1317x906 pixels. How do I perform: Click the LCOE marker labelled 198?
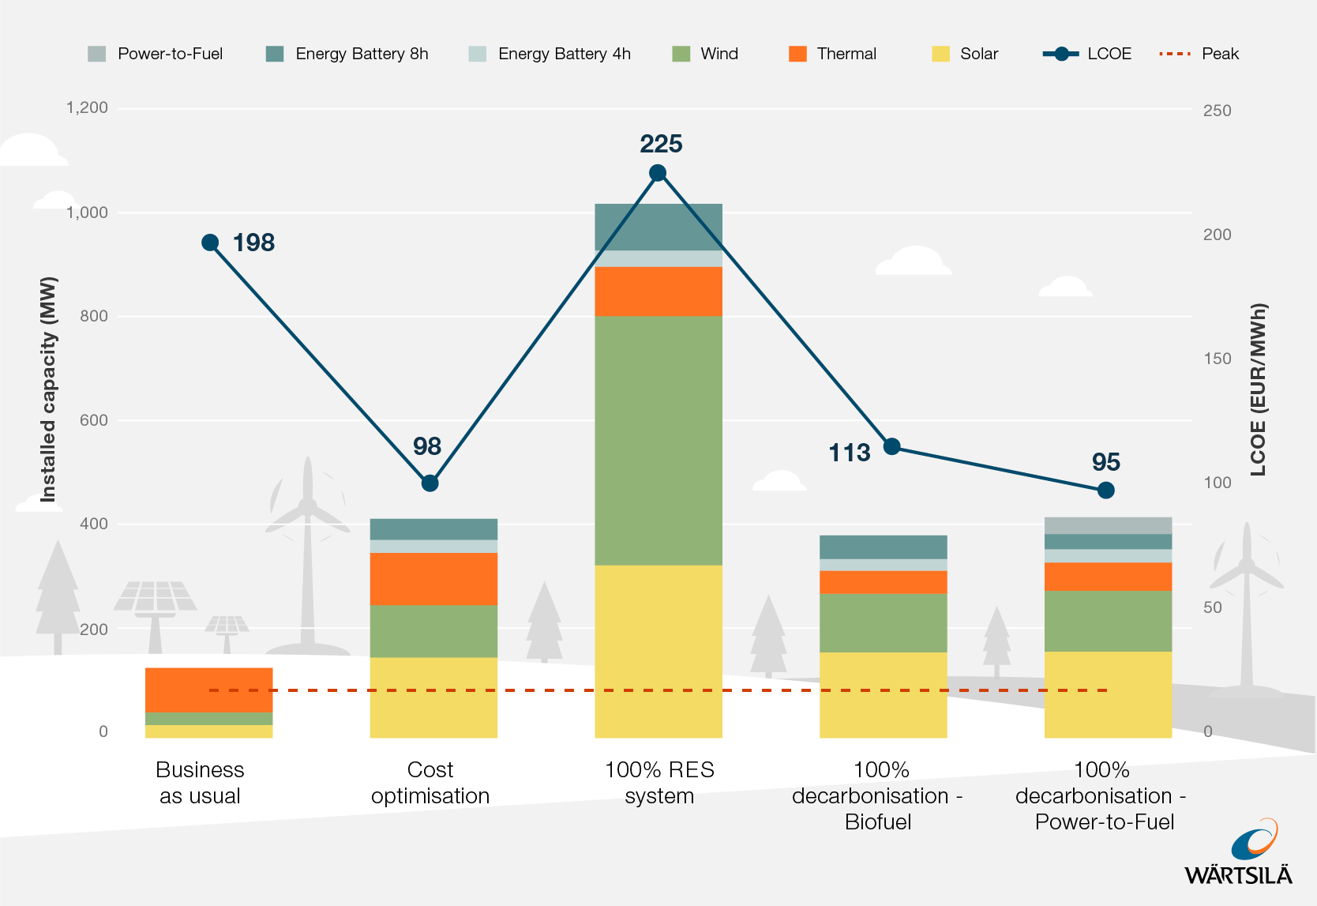click(x=210, y=242)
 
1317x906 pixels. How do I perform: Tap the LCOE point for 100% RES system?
click(x=658, y=173)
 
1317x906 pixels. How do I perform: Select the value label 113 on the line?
click(x=849, y=453)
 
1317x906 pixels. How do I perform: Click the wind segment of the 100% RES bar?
click(x=658, y=440)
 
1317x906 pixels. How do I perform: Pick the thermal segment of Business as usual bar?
click(x=208, y=690)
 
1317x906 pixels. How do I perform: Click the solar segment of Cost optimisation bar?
click(x=433, y=697)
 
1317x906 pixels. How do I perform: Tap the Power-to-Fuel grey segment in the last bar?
click(x=1108, y=525)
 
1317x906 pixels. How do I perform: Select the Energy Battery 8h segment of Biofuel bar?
click(x=883, y=547)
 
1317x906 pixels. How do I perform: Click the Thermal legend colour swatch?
click(x=797, y=54)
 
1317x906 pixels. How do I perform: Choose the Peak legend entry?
click(x=1199, y=54)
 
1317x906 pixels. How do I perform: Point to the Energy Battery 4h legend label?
click(x=564, y=54)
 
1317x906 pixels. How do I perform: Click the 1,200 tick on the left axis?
click(x=87, y=107)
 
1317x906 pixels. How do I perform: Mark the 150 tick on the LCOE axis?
click(x=1217, y=359)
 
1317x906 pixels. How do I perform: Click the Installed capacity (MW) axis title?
click(x=49, y=389)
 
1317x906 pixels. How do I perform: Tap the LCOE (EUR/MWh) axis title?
click(x=1258, y=389)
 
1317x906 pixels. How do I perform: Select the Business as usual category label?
click(x=200, y=782)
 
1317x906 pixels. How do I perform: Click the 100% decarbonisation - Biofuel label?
click(x=878, y=795)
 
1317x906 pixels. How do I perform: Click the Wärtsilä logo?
click(x=1238, y=853)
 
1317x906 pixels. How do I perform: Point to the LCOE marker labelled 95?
click(x=1105, y=491)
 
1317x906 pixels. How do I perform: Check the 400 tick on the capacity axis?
click(x=93, y=524)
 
